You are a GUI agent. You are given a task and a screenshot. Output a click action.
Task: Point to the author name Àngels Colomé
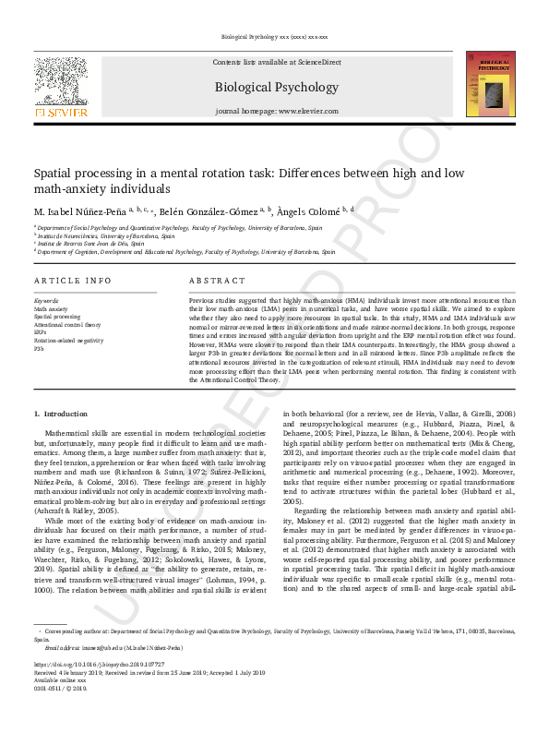[x=308, y=211]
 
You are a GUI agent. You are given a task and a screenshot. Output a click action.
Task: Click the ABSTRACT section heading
[x=217, y=281]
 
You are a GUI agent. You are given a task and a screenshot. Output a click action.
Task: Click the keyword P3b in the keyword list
[x=39, y=349]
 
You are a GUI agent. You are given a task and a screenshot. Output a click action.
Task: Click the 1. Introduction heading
[x=61, y=414]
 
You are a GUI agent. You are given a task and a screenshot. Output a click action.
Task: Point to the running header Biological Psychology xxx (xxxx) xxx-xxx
[x=274, y=37]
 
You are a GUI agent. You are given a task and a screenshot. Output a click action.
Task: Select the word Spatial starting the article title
[x=54, y=173]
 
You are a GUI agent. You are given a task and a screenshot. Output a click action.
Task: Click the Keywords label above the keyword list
[x=46, y=301]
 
